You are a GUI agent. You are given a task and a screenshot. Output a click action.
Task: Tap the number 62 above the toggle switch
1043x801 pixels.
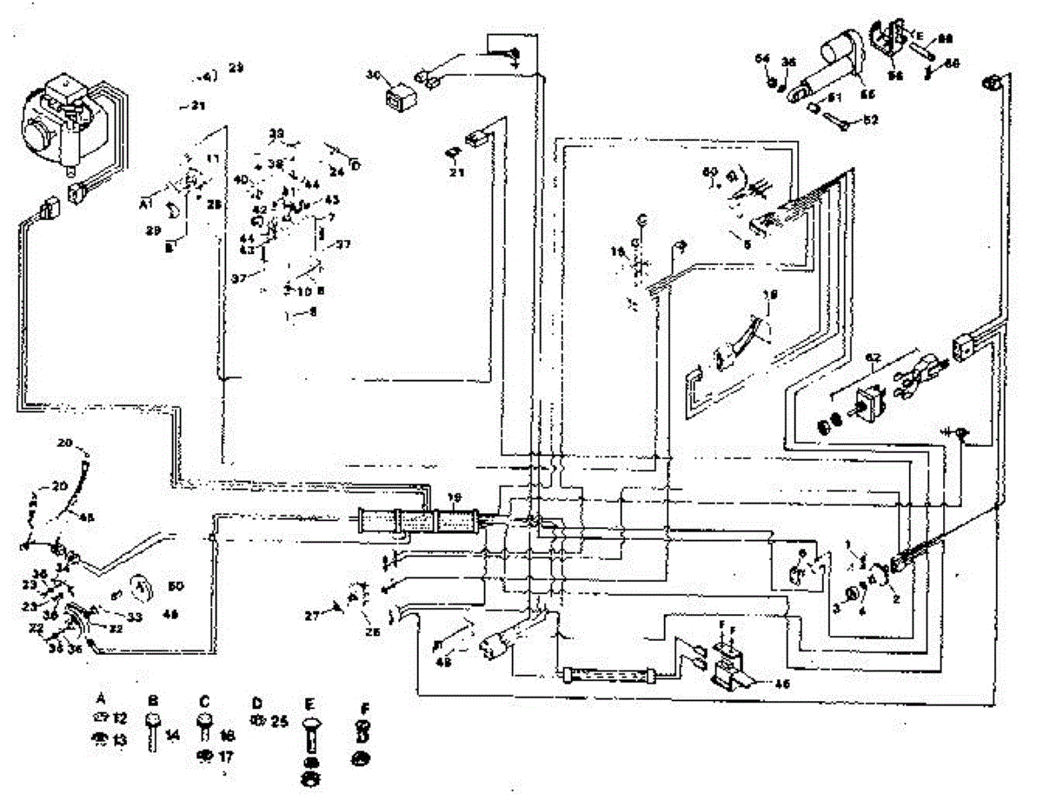pyautogui.click(x=874, y=357)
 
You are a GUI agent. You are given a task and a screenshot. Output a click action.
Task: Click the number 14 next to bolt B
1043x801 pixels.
pyautogui.click(x=173, y=736)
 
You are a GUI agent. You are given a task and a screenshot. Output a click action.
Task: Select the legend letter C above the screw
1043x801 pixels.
pyautogui.click(x=204, y=699)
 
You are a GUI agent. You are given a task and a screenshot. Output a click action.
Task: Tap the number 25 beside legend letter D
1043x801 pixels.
pyautogui.click(x=279, y=722)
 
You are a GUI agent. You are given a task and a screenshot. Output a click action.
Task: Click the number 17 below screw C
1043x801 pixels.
pyautogui.click(x=225, y=756)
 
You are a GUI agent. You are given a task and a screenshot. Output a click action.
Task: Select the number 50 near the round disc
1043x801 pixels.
pyautogui.click(x=173, y=584)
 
